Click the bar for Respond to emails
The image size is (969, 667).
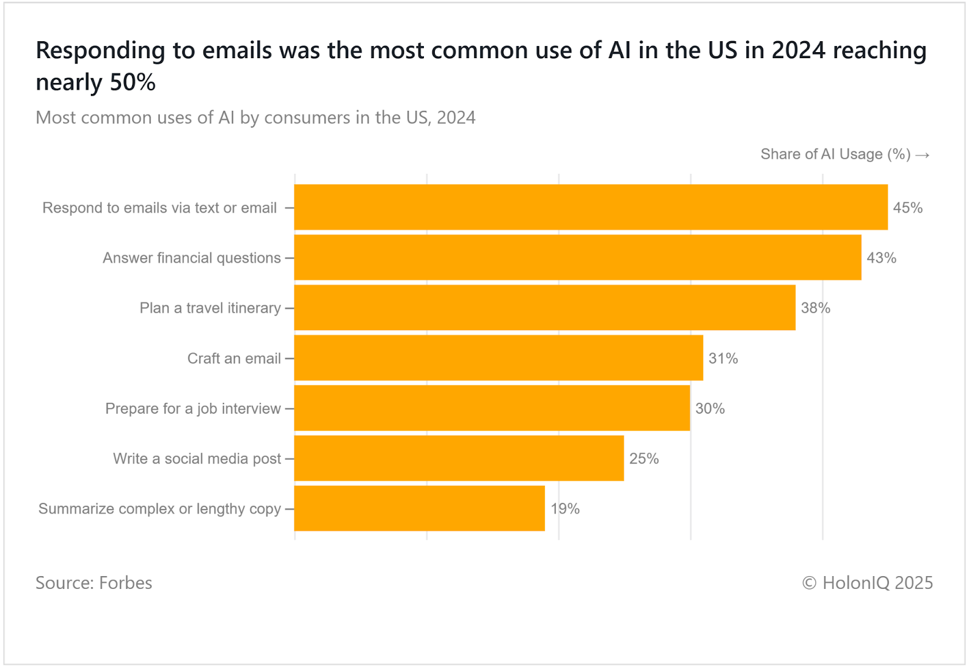click(x=590, y=207)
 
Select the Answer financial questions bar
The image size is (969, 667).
click(x=577, y=257)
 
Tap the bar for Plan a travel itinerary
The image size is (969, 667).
click(x=544, y=308)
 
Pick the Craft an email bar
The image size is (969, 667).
click(x=498, y=358)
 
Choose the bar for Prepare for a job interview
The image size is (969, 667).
click(x=492, y=408)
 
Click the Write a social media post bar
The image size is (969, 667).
click(x=458, y=459)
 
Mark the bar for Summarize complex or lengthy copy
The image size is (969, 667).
click(x=419, y=508)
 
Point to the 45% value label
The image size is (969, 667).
click(x=907, y=208)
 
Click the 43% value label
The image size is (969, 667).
click(x=881, y=258)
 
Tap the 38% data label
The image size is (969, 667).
click(x=815, y=308)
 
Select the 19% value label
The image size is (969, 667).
click(x=564, y=509)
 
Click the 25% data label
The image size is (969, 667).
click(x=644, y=459)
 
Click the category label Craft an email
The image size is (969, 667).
click(x=234, y=359)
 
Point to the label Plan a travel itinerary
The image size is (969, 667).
click(x=210, y=308)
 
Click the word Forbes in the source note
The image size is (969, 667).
click(x=125, y=583)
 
